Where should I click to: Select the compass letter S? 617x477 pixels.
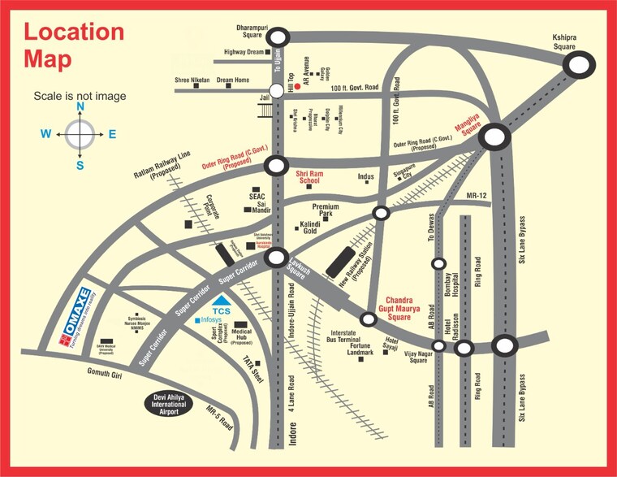click(80, 165)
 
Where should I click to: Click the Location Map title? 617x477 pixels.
click(73, 45)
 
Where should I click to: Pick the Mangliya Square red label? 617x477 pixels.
click(468, 126)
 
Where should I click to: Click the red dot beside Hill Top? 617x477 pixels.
click(298, 85)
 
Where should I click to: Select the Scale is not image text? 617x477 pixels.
click(80, 96)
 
